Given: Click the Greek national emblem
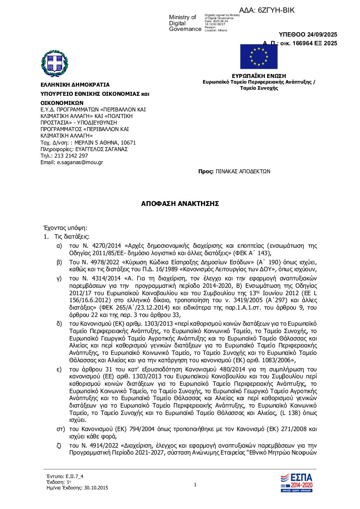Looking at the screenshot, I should (55, 63).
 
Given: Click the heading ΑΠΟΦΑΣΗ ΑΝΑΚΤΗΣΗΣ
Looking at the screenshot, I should (180, 203).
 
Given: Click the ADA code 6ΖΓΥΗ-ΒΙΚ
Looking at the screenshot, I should (279, 10).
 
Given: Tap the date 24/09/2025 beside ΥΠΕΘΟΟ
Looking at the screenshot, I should (321, 35).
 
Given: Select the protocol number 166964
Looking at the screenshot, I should (305, 43).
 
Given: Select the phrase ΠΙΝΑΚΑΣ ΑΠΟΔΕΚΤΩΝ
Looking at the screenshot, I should (243, 172).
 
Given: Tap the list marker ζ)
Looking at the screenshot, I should (59, 446).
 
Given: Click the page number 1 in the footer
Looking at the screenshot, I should (195, 485).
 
